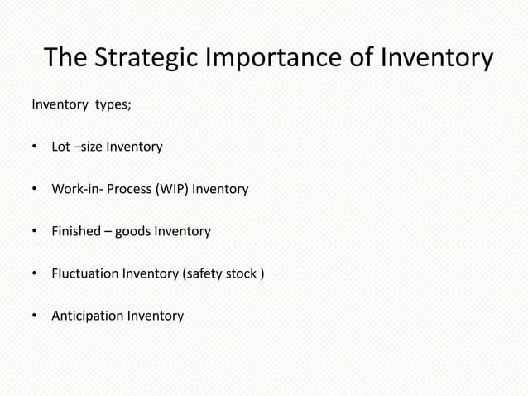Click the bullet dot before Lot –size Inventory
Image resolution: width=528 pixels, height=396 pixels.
[35, 148]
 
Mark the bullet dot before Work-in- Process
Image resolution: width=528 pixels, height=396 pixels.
[35, 191]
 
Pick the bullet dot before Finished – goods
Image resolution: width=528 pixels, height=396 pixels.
[35, 232]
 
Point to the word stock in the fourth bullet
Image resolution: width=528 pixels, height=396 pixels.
[242, 273]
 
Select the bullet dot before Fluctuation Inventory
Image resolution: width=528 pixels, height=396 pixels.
[35, 274]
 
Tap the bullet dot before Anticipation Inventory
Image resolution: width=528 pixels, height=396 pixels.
[35, 316]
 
